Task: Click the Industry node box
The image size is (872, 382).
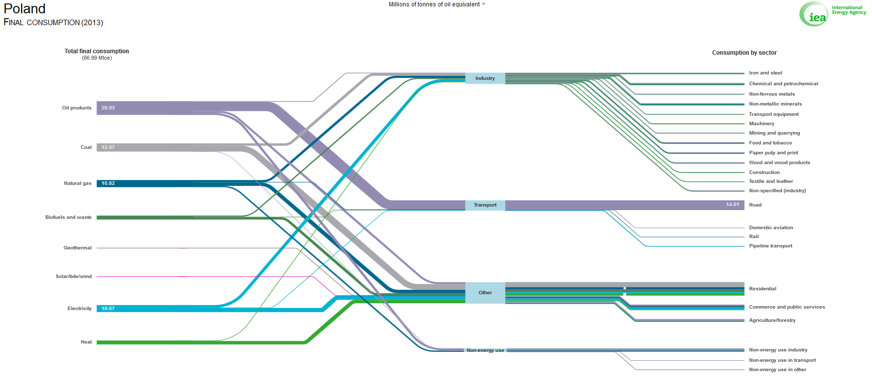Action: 485,78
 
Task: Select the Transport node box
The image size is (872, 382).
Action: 485,205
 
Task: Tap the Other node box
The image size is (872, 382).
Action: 485,293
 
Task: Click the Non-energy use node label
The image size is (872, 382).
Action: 485,350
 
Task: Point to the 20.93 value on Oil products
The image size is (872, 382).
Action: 108,108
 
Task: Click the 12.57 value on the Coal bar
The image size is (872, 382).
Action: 108,147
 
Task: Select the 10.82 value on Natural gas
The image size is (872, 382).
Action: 108,183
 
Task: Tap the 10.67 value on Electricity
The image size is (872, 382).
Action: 108,309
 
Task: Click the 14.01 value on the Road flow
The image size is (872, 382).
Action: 732,205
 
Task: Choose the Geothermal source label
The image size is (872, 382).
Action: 77,248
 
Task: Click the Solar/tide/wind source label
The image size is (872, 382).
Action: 73,277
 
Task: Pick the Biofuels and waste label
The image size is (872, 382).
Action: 69,217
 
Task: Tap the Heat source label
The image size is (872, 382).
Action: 86,342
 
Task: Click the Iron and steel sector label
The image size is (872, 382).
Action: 766,73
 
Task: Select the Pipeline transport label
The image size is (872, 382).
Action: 770,246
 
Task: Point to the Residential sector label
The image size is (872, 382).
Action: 763,289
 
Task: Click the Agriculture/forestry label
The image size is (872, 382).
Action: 772,320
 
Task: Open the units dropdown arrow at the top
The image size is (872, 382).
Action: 484,4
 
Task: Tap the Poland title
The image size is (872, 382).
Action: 25,9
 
